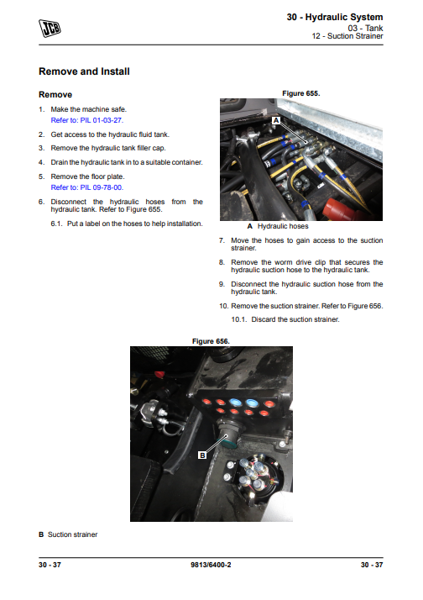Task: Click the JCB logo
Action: coord(50,29)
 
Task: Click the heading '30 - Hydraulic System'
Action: coord(335,17)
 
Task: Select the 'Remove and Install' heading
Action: coord(84,71)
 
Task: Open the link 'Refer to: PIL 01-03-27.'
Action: coord(87,120)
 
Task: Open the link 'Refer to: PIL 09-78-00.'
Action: coord(87,187)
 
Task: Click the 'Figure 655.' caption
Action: coord(301,93)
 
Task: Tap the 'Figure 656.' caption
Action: coord(211,341)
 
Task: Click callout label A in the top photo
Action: coord(276,120)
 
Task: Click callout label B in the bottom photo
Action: coord(202,455)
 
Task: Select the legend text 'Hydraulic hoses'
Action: coord(283,226)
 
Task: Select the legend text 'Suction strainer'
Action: coord(73,534)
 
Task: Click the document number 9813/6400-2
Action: coord(211,565)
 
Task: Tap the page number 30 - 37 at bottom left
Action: coord(50,565)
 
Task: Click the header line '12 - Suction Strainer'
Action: coord(347,36)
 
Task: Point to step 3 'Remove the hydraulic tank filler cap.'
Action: coord(108,148)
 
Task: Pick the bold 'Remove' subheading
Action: coord(55,94)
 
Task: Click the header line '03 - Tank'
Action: coord(365,28)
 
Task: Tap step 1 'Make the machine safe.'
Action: coord(89,109)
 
